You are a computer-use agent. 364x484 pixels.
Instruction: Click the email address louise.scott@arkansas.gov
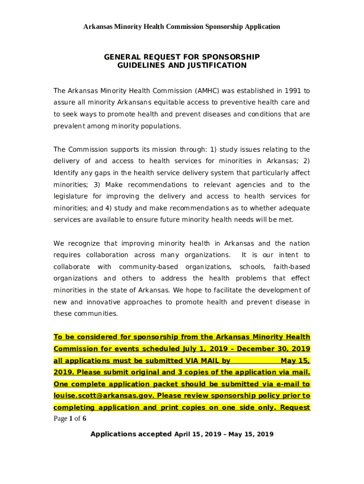[104, 396]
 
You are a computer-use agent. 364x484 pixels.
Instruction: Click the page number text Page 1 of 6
[69, 418]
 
